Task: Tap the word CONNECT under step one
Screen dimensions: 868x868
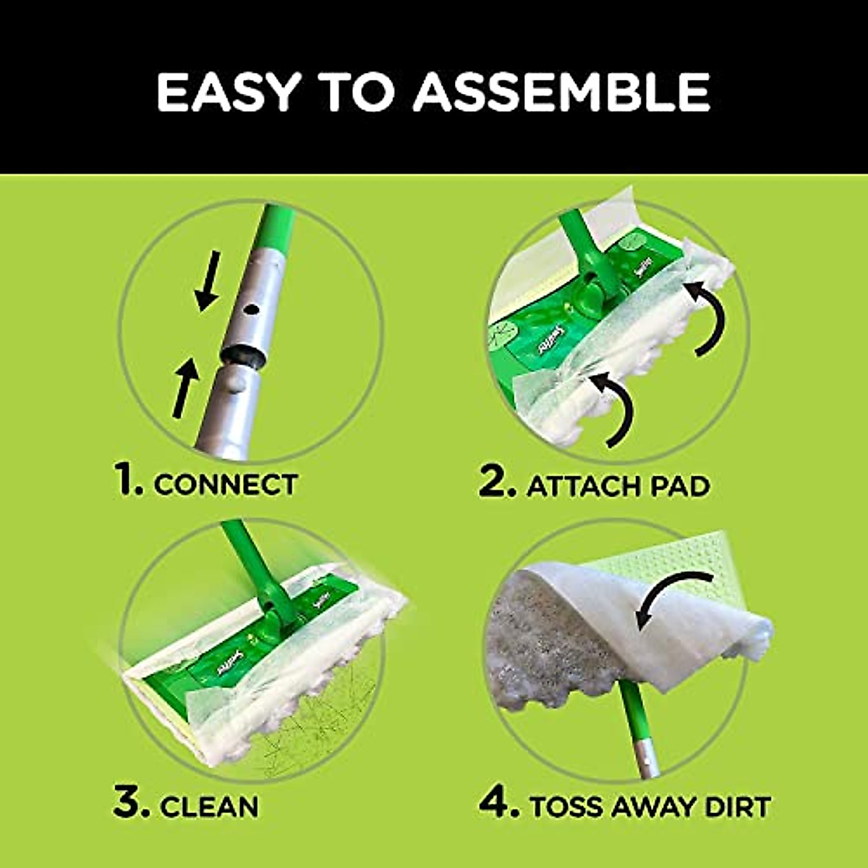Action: pyautogui.click(x=226, y=485)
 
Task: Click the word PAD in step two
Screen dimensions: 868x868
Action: pyautogui.click(x=678, y=486)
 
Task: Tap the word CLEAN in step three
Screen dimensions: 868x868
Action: pyautogui.click(x=209, y=806)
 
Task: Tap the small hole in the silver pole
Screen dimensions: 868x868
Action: pyautogui.click(x=251, y=310)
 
